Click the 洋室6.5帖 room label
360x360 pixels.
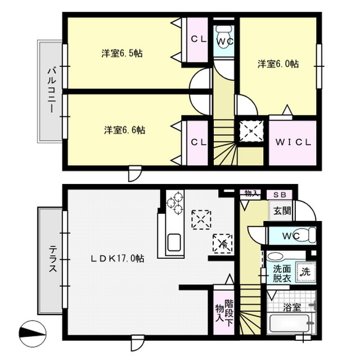tap(121, 53)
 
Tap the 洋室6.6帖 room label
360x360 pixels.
tap(124, 130)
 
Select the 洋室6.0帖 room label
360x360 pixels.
tap(278, 64)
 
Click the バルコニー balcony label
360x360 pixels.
tap(51, 91)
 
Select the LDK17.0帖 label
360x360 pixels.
tap(118, 259)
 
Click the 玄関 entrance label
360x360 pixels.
tap(282, 212)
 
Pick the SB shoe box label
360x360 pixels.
tap(280, 195)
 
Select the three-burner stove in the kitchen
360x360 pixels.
tap(175, 203)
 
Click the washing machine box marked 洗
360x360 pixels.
tap(304, 272)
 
